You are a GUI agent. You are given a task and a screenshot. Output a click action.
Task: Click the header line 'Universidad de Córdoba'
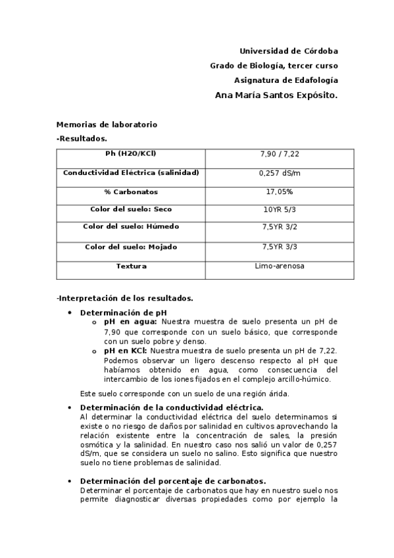(289, 51)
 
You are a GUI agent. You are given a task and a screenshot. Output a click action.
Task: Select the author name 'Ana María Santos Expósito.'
(276, 95)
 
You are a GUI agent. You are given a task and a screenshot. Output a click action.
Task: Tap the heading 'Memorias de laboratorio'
(107, 124)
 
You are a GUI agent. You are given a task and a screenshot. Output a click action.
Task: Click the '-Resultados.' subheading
(82, 138)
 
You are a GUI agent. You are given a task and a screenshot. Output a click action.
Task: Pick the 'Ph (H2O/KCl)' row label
(131, 154)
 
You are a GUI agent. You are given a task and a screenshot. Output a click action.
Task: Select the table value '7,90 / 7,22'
(280, 154)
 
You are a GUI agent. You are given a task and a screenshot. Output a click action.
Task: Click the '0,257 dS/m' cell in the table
(280, 173)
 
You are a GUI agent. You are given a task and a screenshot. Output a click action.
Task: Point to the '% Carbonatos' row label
(131, 191)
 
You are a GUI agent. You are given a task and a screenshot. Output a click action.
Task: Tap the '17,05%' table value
(280, 191)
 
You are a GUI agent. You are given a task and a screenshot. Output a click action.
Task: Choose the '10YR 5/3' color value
(280, 209)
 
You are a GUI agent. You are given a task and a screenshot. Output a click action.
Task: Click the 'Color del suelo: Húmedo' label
(131, 226)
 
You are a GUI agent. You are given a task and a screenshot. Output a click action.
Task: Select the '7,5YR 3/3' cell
(280, 247)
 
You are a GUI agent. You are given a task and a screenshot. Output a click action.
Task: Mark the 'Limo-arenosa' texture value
(280, 266)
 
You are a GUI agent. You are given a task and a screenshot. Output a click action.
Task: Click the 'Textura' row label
(131, 266)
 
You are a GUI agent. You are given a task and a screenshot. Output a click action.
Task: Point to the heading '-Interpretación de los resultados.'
(124, 298)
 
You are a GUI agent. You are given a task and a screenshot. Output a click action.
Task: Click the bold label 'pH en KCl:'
(125, 351)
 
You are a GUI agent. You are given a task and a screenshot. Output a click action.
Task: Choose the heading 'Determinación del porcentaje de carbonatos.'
(172, 481)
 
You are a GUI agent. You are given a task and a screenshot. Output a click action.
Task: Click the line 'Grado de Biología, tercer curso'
(274, 65)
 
